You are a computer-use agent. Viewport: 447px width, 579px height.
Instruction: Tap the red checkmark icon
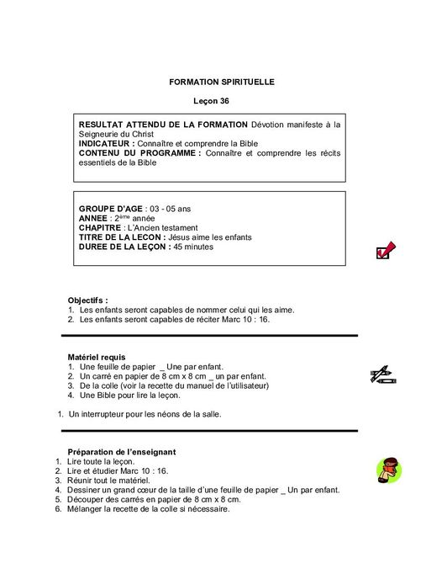coord(387,249)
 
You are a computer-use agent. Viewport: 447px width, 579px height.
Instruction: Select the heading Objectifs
coord(88,300)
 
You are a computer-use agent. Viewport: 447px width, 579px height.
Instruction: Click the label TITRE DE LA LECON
coord(124,237)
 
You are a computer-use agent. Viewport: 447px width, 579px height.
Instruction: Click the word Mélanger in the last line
coord(86,508)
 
